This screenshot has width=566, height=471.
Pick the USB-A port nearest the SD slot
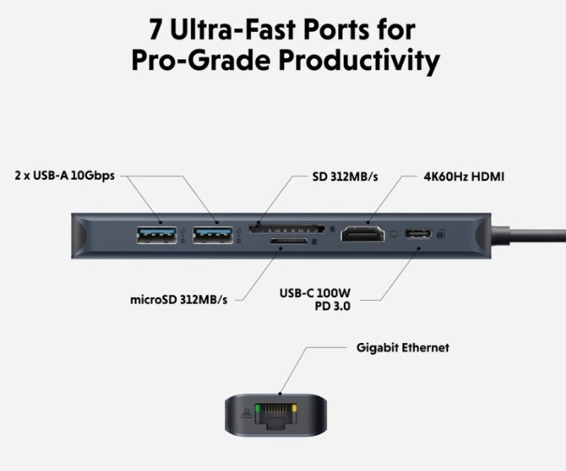tap(212, 233)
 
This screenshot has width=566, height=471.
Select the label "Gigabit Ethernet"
tap(403, 348)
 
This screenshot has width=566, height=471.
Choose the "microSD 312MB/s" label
tap(179, 299)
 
